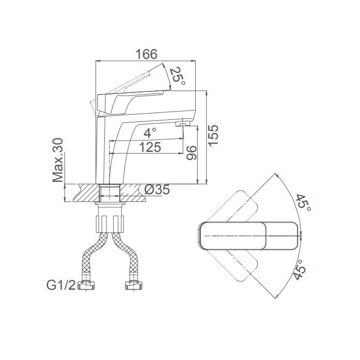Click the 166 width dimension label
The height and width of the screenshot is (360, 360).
click(x=147, y=54)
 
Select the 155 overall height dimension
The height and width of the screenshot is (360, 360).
click(x=213, y=135)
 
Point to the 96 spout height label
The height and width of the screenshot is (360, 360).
click(x=192, y=153)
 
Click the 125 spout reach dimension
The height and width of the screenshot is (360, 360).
click(x=150, y=147)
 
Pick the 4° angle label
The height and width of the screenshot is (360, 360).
click(x=150, y=133)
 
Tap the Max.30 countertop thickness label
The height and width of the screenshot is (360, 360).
click(x=58, y=160)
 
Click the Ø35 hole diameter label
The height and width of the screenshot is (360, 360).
click(x=158, y=190)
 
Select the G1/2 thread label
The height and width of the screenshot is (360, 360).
click(x=61, y=286)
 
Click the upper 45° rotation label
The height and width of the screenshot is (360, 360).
click(x=303, y=204)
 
